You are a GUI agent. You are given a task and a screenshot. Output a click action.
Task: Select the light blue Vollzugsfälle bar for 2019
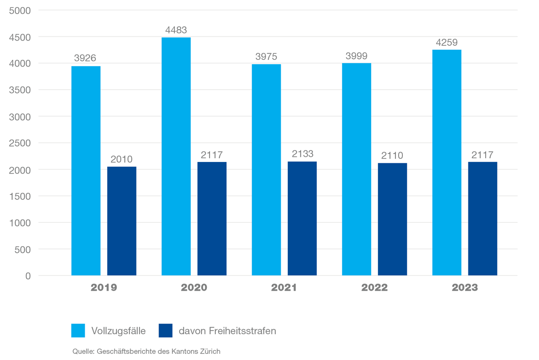[86, 171]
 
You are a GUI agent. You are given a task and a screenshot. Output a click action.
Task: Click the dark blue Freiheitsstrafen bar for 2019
[122, 221]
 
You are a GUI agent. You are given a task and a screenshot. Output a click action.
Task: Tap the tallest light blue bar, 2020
[176, 156]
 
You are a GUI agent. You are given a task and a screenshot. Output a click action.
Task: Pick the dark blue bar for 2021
[302, 219]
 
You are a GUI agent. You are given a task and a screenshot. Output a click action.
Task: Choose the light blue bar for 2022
[357, 169]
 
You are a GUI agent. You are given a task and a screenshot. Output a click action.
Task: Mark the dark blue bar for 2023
[482, 219]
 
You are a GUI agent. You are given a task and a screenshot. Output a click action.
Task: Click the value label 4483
[176, 30]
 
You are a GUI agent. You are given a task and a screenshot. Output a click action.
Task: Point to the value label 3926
[85, 59]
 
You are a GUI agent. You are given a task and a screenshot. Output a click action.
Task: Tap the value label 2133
[302, 154]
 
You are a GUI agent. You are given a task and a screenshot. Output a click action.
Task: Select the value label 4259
[447, 43]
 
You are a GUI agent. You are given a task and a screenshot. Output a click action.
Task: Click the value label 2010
[122, 159]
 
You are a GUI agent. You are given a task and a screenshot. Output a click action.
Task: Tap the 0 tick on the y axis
[28, 276]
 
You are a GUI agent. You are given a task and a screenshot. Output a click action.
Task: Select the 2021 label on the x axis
[284, 288]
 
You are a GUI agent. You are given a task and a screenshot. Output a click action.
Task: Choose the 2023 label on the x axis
[465, 288]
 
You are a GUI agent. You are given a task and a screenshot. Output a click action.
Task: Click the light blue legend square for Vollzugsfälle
[78, 331]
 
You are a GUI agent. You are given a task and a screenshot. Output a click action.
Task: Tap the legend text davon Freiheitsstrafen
[227, 331]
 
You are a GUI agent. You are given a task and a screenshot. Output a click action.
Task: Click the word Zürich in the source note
[210, 351]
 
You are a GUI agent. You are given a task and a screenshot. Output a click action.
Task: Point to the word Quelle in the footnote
[82, 351]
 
